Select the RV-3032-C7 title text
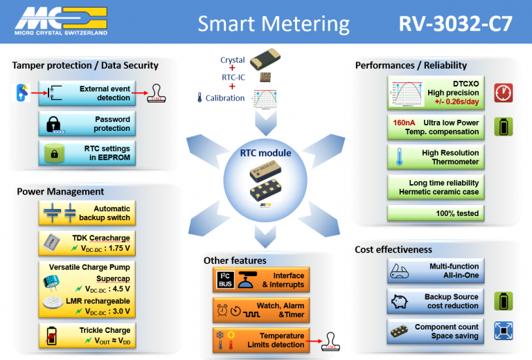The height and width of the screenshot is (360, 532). (x=455, y=24)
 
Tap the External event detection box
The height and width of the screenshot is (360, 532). (x=85, y=93)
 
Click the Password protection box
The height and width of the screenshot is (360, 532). (x=85, y=124)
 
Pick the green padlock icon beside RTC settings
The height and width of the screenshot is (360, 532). (x=54, y=153)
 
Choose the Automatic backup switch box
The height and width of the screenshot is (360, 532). (x=85, y=213)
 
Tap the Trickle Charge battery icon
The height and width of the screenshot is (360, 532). (x=51, y=335)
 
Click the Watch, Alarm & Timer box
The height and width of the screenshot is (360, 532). (x=258, y=309)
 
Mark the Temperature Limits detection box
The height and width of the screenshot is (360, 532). (x=258, y=340)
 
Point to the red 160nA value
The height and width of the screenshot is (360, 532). (x=405, y=122)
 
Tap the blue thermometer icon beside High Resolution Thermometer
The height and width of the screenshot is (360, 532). (x=400, y=157)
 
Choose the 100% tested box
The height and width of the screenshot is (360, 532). (x=435, y=213)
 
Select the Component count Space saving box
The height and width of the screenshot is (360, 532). (x=435, y=332)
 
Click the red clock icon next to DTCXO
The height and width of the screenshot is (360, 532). (x=503, y=93)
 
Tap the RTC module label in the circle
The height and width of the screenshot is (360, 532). (x=266, y=152)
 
